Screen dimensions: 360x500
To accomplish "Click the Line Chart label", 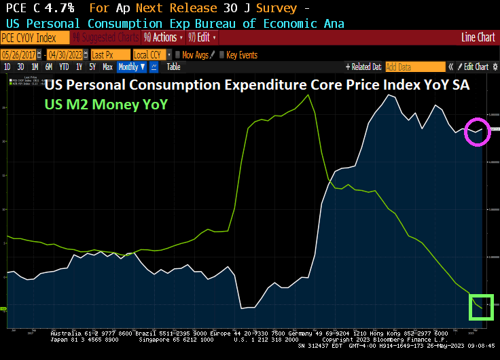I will tap(478, 37).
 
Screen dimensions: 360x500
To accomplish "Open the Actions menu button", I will tap(163, 37).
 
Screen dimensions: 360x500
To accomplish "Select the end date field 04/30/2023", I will tap(68, 54).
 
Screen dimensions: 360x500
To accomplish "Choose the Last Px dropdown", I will tap(109, 54).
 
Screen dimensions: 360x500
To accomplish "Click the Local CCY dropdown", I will tap(151, 54).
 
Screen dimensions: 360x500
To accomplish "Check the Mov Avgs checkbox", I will tap(178, 54).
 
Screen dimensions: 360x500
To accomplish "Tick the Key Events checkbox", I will tap(221, 54).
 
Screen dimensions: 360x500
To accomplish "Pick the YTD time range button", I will tap(64, 67).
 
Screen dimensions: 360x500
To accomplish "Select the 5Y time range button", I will tap(92, 67).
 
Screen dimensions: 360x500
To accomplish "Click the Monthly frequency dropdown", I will tap(131, 67).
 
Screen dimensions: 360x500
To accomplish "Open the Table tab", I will tap(173, 67).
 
